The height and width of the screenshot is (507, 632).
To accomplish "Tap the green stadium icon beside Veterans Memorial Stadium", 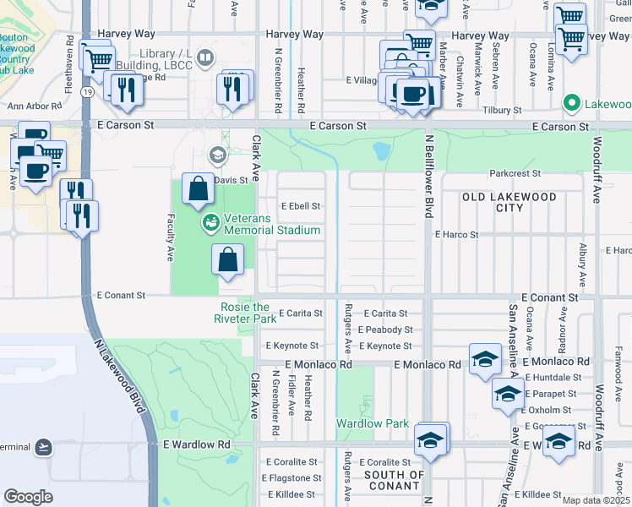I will [x=209, y=223].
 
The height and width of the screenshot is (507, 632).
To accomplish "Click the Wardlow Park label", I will [x=373, y=423].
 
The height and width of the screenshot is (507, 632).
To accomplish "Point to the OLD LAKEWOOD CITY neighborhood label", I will [x=509, y=202].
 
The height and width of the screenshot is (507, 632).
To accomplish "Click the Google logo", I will [x=28, y=496].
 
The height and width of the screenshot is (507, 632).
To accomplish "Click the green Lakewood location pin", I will [x=570, y=104].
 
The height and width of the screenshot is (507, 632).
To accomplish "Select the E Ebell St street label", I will [x=301, y=205].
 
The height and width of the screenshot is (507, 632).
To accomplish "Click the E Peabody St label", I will [x=384, y=330].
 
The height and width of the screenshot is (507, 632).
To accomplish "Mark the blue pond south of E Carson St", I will [x=382, y=152].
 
